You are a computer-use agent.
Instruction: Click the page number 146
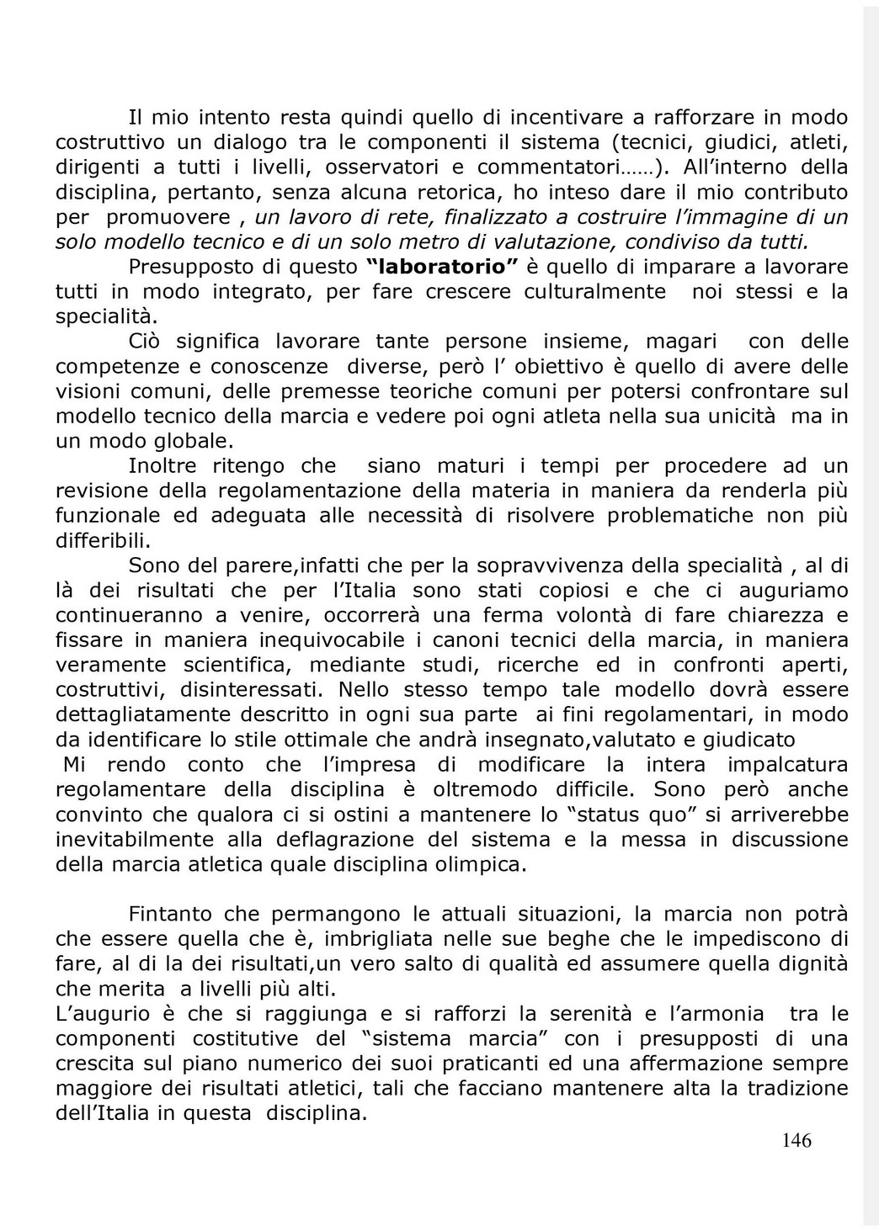(796, 1141)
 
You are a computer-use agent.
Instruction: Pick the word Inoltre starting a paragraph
(162, 466)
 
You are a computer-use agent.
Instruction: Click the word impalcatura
(787, 765)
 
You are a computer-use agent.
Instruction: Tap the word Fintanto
(170, 914)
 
